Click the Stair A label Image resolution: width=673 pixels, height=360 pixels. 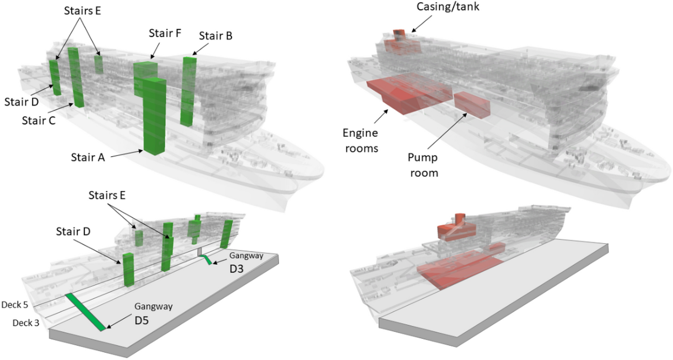[x=88, y=157]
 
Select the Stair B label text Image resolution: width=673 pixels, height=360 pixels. [x=215, y=35]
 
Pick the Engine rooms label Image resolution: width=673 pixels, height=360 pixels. [x=360, y=140]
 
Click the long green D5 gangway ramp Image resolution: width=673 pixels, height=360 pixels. [x=85, y=312]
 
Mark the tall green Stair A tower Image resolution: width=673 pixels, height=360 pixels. [x=155, y=116]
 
